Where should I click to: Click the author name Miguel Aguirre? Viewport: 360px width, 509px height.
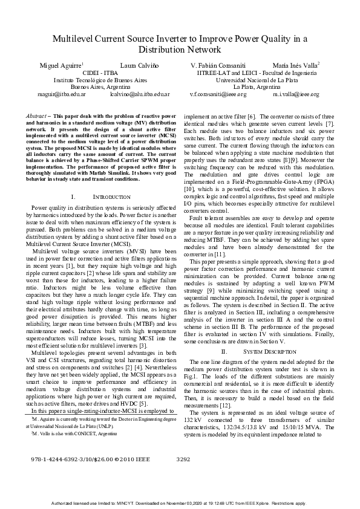[x=61, y=65]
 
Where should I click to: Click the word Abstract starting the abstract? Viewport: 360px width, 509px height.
[x=39, y=115]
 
